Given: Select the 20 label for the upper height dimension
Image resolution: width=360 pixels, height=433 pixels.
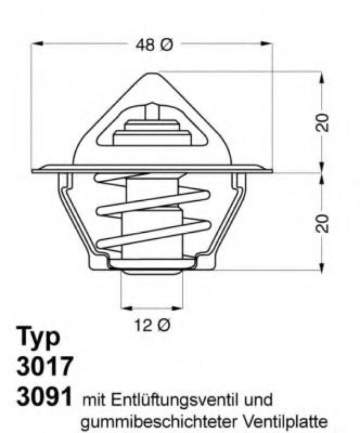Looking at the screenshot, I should click(323, 122).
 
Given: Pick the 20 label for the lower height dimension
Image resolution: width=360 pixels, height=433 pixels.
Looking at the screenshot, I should click(323, 223).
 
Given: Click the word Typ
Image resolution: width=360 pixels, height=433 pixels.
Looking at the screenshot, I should click(38, 338).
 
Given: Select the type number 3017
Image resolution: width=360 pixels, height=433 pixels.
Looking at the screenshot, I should click(45, 366).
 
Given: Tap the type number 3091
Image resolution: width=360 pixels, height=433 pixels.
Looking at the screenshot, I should click(45, 396).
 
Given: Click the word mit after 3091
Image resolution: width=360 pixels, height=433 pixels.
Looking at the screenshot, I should click(94, 399).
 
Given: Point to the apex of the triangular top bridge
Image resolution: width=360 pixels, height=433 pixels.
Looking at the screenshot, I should click(152, 75).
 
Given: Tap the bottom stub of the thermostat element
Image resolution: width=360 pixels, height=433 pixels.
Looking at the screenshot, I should click(152, 269).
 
